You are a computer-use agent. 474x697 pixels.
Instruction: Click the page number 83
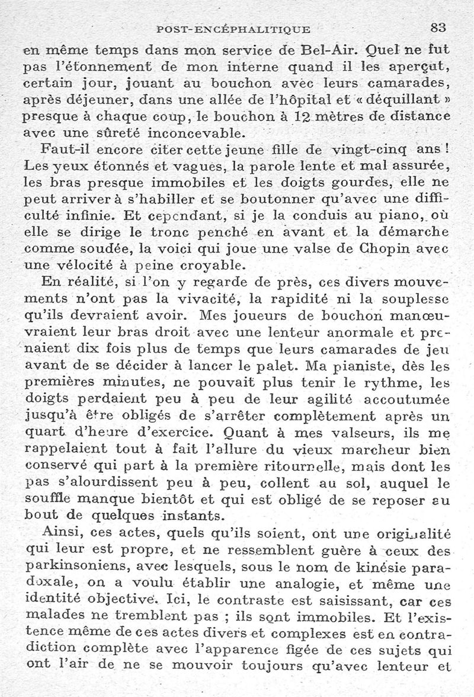(x=438, y=27)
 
